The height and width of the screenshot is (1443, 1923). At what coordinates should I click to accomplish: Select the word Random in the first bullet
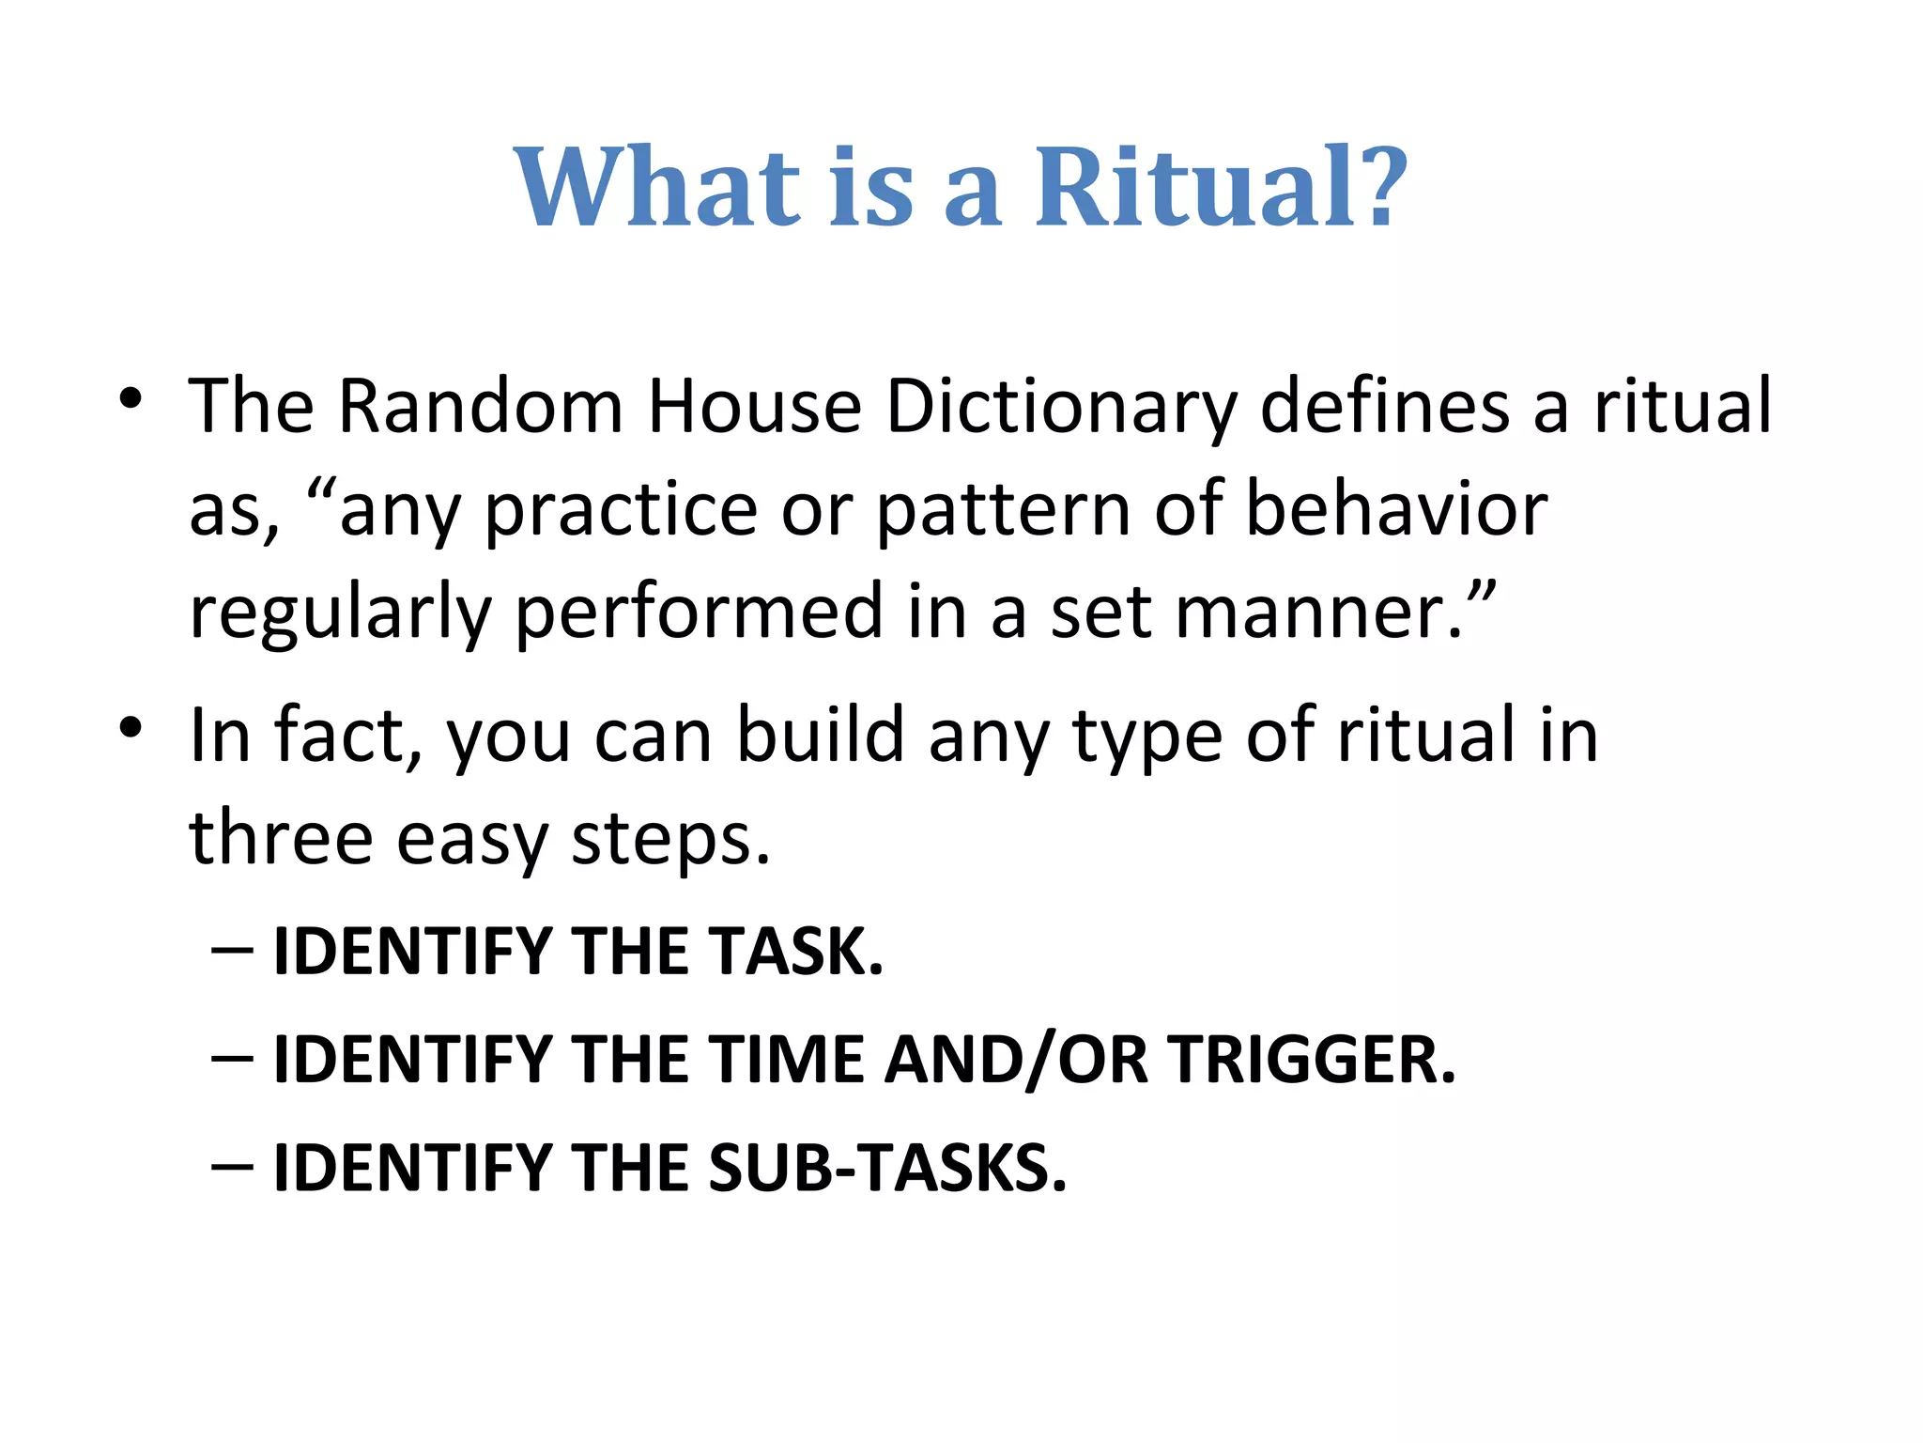[480, 406]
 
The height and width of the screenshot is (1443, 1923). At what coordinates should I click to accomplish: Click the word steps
[670, 840]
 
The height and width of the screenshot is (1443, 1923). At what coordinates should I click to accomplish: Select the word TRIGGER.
[1311, 1060]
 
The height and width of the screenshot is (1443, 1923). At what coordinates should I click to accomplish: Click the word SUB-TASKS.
[887, 1168]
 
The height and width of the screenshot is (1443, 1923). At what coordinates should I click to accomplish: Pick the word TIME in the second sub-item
[785, 1060]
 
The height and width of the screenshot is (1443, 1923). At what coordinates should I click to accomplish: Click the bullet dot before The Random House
[131, 398]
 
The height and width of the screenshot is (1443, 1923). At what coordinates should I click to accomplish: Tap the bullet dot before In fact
[131, 727]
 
